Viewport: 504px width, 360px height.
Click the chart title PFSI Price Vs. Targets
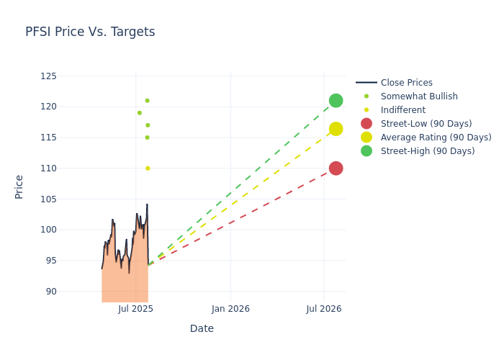90,32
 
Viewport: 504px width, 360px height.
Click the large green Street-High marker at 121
336,101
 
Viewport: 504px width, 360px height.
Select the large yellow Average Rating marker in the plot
336,129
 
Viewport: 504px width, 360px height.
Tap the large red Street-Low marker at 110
336,168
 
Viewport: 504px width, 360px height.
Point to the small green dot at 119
140,113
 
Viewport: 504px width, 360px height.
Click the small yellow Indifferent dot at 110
148,168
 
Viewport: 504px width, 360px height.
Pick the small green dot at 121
147,101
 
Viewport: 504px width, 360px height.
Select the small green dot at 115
147,138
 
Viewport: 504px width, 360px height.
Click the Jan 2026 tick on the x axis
230,309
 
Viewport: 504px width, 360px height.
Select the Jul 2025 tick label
135,309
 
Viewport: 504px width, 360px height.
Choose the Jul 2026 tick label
323,309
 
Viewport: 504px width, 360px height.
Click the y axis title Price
19,186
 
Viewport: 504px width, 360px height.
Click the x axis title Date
202,329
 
